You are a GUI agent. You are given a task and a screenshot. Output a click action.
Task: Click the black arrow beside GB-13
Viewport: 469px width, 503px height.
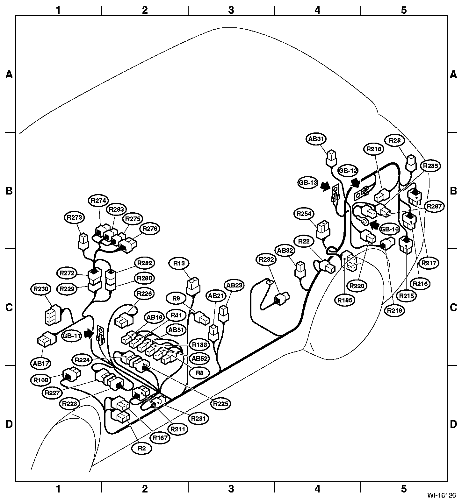coord(326,187)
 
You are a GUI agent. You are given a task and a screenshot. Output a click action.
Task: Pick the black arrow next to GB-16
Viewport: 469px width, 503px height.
coord(375,225)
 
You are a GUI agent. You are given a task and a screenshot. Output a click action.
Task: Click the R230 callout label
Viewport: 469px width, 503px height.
coord(41,289)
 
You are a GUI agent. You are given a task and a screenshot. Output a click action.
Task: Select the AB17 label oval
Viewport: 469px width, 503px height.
coord(41,363)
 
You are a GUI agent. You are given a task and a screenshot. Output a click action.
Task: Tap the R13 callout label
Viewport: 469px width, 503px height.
coord(179,263)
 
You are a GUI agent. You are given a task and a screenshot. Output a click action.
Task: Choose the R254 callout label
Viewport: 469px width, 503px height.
coord(304,214)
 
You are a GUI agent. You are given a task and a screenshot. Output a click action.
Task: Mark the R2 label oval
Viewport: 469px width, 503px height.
coord(142,448)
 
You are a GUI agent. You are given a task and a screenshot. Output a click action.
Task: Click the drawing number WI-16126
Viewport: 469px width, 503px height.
coord(442,495)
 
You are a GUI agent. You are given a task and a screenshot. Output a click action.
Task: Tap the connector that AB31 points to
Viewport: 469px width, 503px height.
coord(331,158)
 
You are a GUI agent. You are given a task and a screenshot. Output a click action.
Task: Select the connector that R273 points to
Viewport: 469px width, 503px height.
coord(83,241)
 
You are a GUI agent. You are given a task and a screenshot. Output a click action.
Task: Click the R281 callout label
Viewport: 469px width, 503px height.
coord(198,418)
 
